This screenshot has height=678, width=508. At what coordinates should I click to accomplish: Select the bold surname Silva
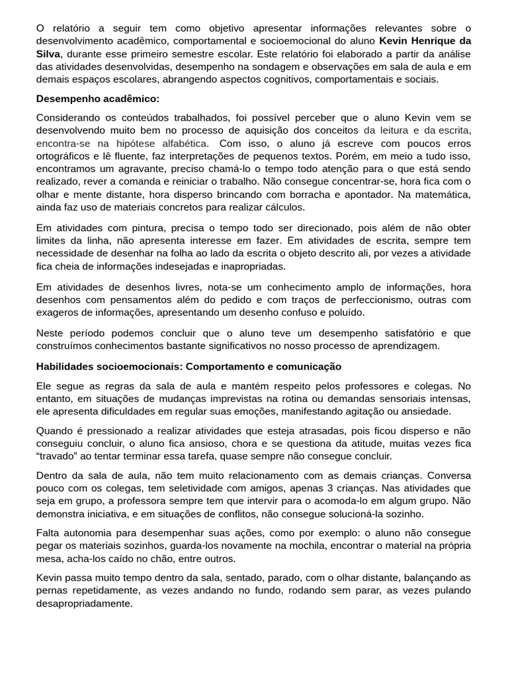[48, 54]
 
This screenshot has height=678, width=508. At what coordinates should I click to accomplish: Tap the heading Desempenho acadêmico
[98, 99]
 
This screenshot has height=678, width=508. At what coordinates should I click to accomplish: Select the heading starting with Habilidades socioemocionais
[189, 366]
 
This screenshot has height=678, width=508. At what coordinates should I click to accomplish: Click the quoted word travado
[56, 456]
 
